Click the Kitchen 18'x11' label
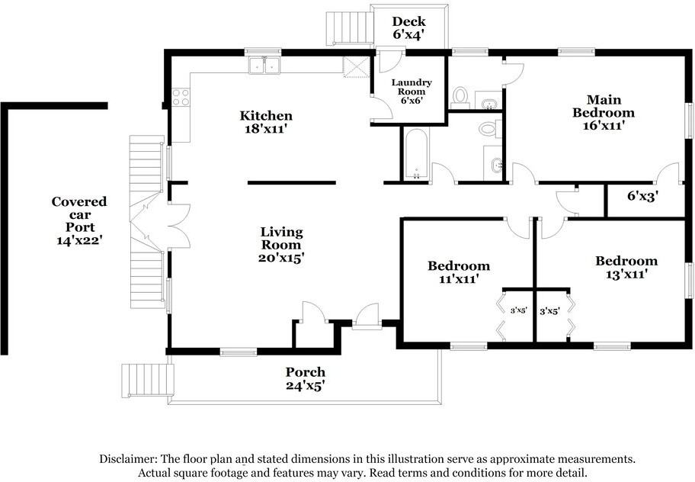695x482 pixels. pos(266,122)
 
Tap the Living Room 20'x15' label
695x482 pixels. pos(281,244)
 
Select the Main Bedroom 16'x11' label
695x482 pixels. pos(604,113)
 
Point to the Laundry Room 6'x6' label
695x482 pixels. pos(412,92)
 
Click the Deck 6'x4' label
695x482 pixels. pos(408,28)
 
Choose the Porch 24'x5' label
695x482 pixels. pos(306,379)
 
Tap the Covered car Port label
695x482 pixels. pos(79,214)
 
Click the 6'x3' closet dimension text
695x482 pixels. pos(642,195)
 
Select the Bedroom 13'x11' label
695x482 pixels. pos(626,268)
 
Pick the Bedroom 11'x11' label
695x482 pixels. pos(459,272)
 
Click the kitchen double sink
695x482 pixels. pos(264,66)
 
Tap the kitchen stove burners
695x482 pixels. pos(181,98)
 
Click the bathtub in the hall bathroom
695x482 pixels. pos(416,154)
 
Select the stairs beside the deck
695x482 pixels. pos(349,28)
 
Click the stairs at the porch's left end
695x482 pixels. pos(147,381)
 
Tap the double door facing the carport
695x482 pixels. pos(179,226)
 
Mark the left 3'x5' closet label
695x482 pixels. pos(518,311)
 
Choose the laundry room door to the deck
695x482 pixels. pos(389,62)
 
